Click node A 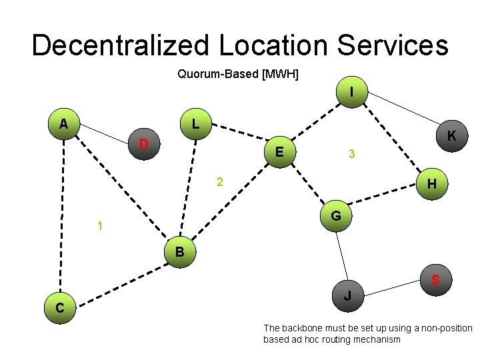tap(63, 123)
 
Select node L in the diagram tap(194, 124)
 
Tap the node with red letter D tap(143, 144)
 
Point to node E tap(281, 153)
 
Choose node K tap(451, 136)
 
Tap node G tap(336, 216)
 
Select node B tap(179, 253)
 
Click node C tap(60, 307)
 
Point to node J tap(347, 295)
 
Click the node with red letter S tap(435, 280)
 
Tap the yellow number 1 tap(99, 227)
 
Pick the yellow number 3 tap(351, 155)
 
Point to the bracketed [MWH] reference tap(280, 74)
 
